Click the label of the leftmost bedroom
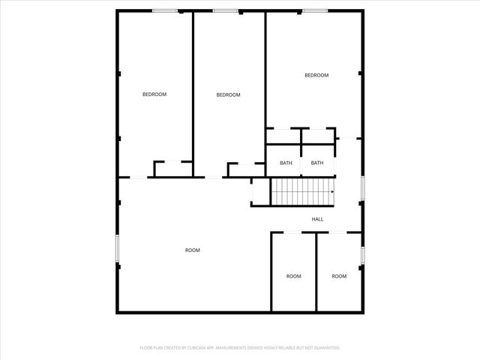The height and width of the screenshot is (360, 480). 154,94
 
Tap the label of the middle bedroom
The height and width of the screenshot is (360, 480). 228,94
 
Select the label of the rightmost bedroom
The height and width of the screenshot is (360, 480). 316,75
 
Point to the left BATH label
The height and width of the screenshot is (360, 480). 286,163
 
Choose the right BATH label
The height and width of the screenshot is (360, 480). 317,163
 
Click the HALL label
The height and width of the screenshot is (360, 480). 317,219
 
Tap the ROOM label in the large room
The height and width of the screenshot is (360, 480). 193,250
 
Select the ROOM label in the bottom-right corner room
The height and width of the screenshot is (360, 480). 339,276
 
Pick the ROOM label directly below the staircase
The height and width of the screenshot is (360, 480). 293,276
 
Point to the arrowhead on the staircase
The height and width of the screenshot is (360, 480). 332,191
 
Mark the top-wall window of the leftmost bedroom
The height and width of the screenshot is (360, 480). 165,10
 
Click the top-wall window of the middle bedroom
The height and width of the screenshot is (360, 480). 225,10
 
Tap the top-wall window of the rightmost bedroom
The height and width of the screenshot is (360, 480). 315,10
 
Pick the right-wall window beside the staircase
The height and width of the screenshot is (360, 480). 363,187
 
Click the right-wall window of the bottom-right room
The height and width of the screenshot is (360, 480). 363,255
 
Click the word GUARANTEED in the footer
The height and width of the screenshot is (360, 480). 325,348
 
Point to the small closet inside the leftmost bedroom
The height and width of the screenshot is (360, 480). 172,169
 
